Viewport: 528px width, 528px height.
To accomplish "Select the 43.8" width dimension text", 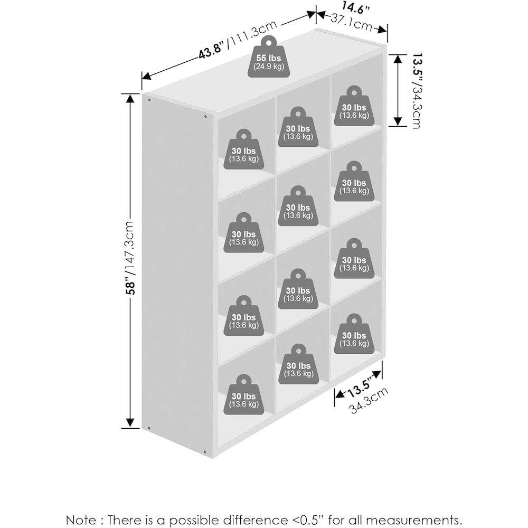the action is [211, 50].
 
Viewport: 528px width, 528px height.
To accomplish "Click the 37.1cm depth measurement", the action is [352, 23].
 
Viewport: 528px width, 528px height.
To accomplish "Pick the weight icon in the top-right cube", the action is [354, 107].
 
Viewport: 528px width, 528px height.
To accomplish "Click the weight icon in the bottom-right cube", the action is [354, 334].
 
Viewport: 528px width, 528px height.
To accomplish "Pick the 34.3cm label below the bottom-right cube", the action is [369, 400].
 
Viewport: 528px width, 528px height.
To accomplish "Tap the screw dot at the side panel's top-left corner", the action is [149, 100].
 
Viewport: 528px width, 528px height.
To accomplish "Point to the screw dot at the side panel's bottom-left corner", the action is [149, 428].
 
